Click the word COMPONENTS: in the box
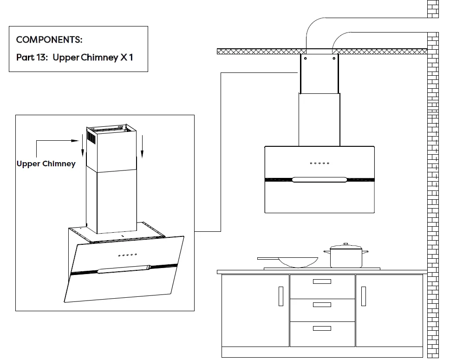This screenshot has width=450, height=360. point(49,39)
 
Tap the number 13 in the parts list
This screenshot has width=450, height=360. point(41,58)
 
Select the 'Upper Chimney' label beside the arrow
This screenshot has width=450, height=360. point(46,164)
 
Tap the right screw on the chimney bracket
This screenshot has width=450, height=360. point(334,59)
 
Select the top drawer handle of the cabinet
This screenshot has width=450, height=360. point(322,281)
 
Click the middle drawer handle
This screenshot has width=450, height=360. point(322,305)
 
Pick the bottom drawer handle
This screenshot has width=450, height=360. point(322,328)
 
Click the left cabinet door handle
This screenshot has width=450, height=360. point(281,296)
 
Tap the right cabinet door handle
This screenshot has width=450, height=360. point(363,296)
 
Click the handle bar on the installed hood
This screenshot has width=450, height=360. point(320,179)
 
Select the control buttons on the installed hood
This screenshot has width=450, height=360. point(320,163)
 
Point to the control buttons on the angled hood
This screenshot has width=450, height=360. point(127,255)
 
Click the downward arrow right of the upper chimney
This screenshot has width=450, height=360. point(143,146)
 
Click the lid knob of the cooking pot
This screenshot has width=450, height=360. point(346,244)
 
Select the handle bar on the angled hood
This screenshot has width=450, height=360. point(124,269)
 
